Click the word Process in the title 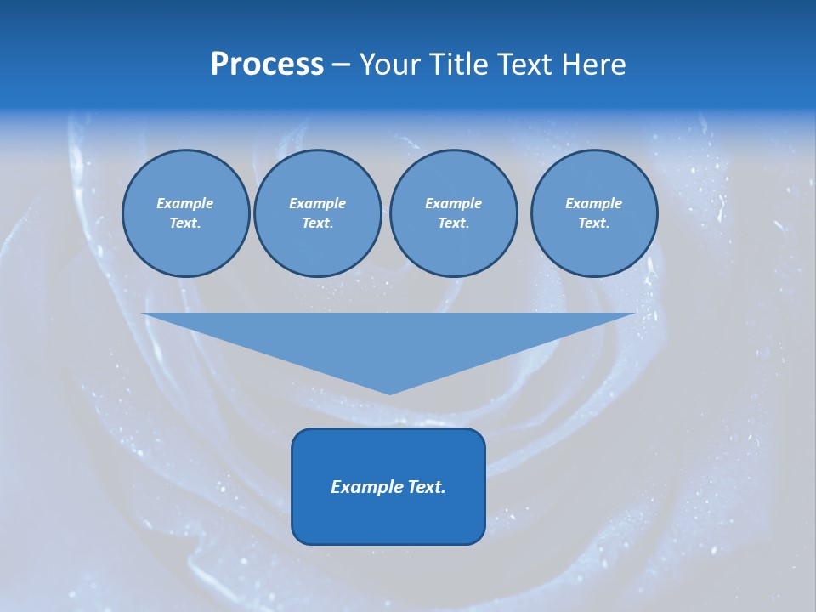pyautogui.click(x=267, y=65)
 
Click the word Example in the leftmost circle pyautogui.click(x=185, y=203)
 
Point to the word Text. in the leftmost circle pyautogui.click(x=185, y=224)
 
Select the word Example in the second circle pyautogui.click(x=317, y=203)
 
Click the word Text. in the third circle pyautogui.click(x=453, y=224)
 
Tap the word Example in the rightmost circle pyautogui.click(x=593, y=203)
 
